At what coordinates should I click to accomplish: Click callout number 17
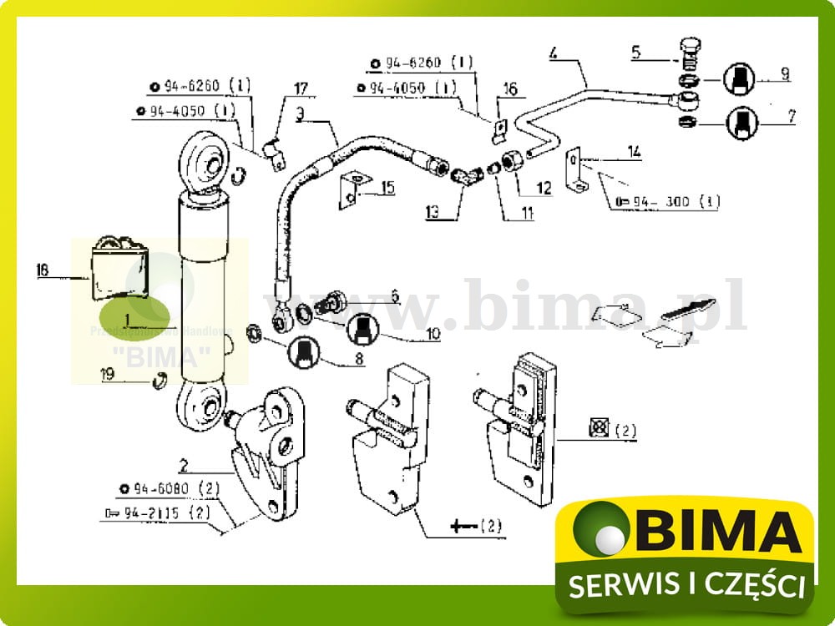point(301,88)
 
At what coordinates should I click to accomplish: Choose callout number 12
point(544,189)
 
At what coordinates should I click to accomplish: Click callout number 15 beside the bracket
point(387,188)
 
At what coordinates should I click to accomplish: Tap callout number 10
point(432,335)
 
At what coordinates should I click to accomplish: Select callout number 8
point(359,360)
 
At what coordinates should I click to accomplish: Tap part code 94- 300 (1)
point(666,201)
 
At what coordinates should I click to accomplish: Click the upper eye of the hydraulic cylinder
point(205,161)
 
